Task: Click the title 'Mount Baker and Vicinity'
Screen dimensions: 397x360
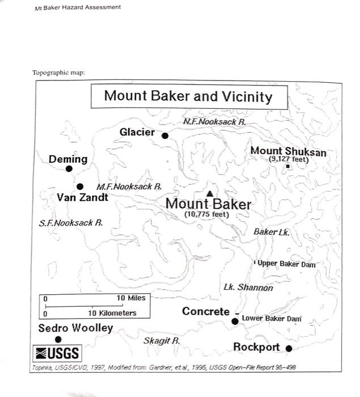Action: tap(188, 96)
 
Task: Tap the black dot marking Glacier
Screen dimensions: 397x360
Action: tap(165, 136)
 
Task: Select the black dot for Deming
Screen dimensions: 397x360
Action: tap(69, 168)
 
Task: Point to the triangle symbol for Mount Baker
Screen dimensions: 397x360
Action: tap(210, 193)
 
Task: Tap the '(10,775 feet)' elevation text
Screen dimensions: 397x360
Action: tap(206, 214)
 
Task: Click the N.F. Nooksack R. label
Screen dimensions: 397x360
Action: tap(215, 122)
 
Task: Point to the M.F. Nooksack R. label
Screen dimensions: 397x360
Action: tap(129, 186)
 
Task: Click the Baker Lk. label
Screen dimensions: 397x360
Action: tap(271, 232)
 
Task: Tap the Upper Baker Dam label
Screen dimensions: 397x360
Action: tap(286, 264)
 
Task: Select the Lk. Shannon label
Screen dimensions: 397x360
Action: tap(248, 288)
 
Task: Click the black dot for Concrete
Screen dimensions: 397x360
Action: tap(235, 322)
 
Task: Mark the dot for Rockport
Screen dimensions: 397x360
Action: tap(289, 348)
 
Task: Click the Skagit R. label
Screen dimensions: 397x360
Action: tap(162, 341)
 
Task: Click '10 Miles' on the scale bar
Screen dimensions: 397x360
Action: tap(130, 298)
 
